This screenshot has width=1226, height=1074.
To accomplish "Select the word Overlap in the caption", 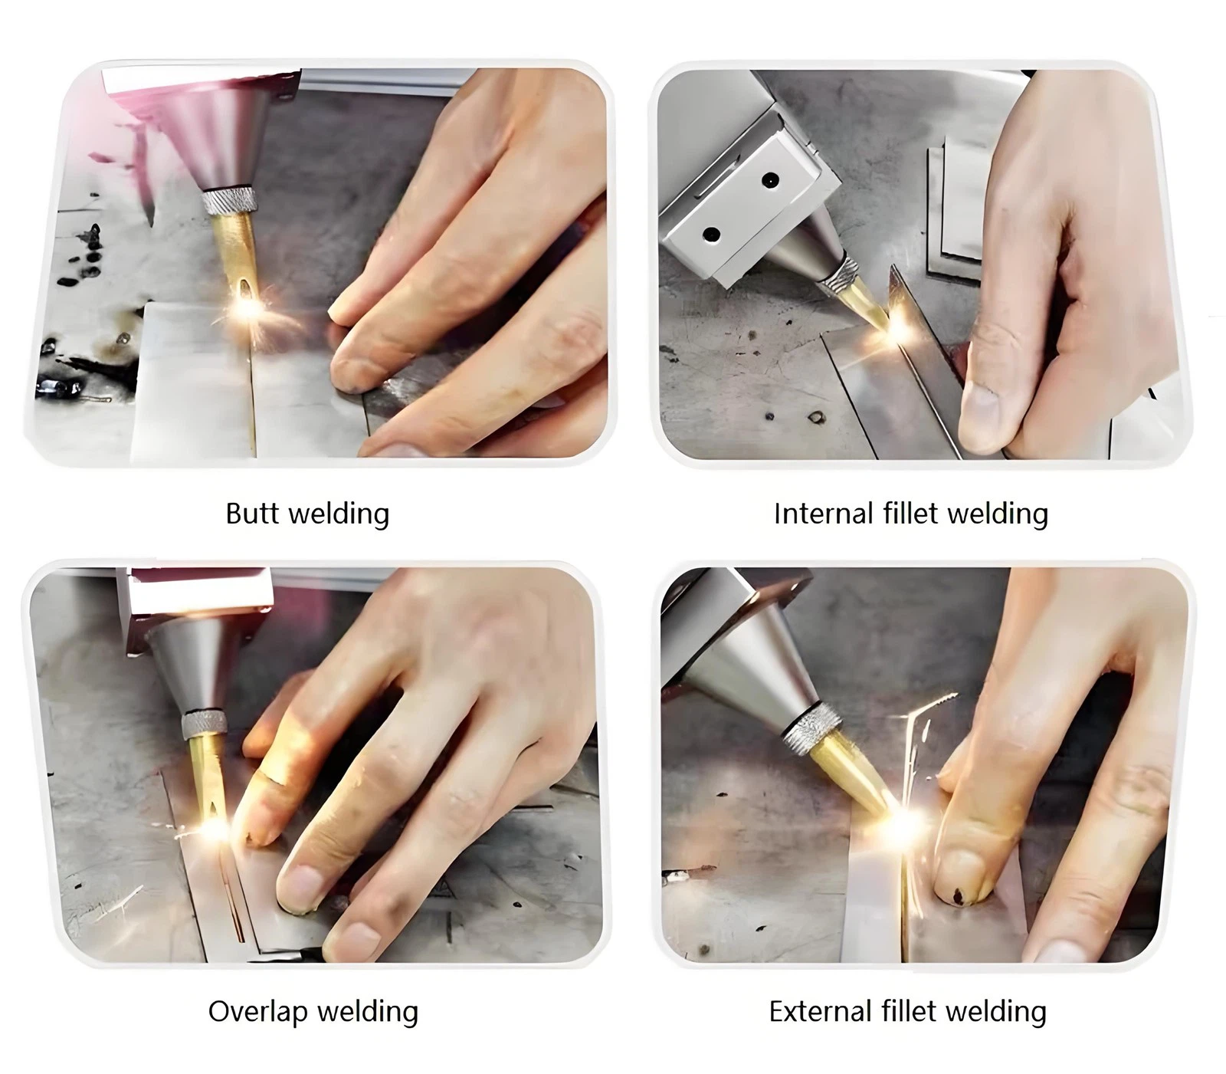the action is [x=257, y=1013].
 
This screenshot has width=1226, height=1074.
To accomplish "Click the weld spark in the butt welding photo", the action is [x=247, y=307].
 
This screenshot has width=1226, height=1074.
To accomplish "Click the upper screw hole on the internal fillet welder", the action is [x=770, y=181].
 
